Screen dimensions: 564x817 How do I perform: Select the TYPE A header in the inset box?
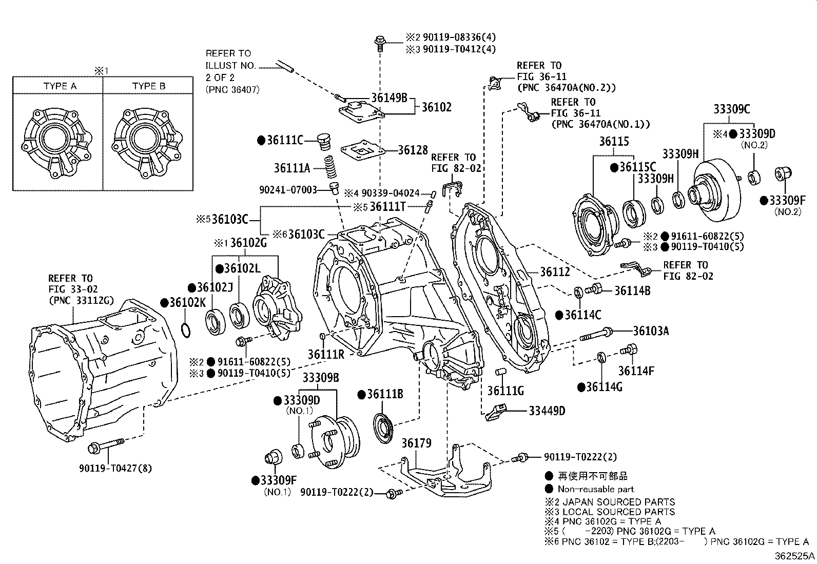60,86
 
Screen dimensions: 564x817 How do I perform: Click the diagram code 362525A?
794,555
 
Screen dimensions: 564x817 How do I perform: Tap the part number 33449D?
547,411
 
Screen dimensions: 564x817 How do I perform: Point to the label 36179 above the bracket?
416,442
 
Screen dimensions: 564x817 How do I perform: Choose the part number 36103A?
651,331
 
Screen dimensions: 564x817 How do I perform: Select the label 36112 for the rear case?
555,273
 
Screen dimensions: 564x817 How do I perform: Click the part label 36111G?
505,391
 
